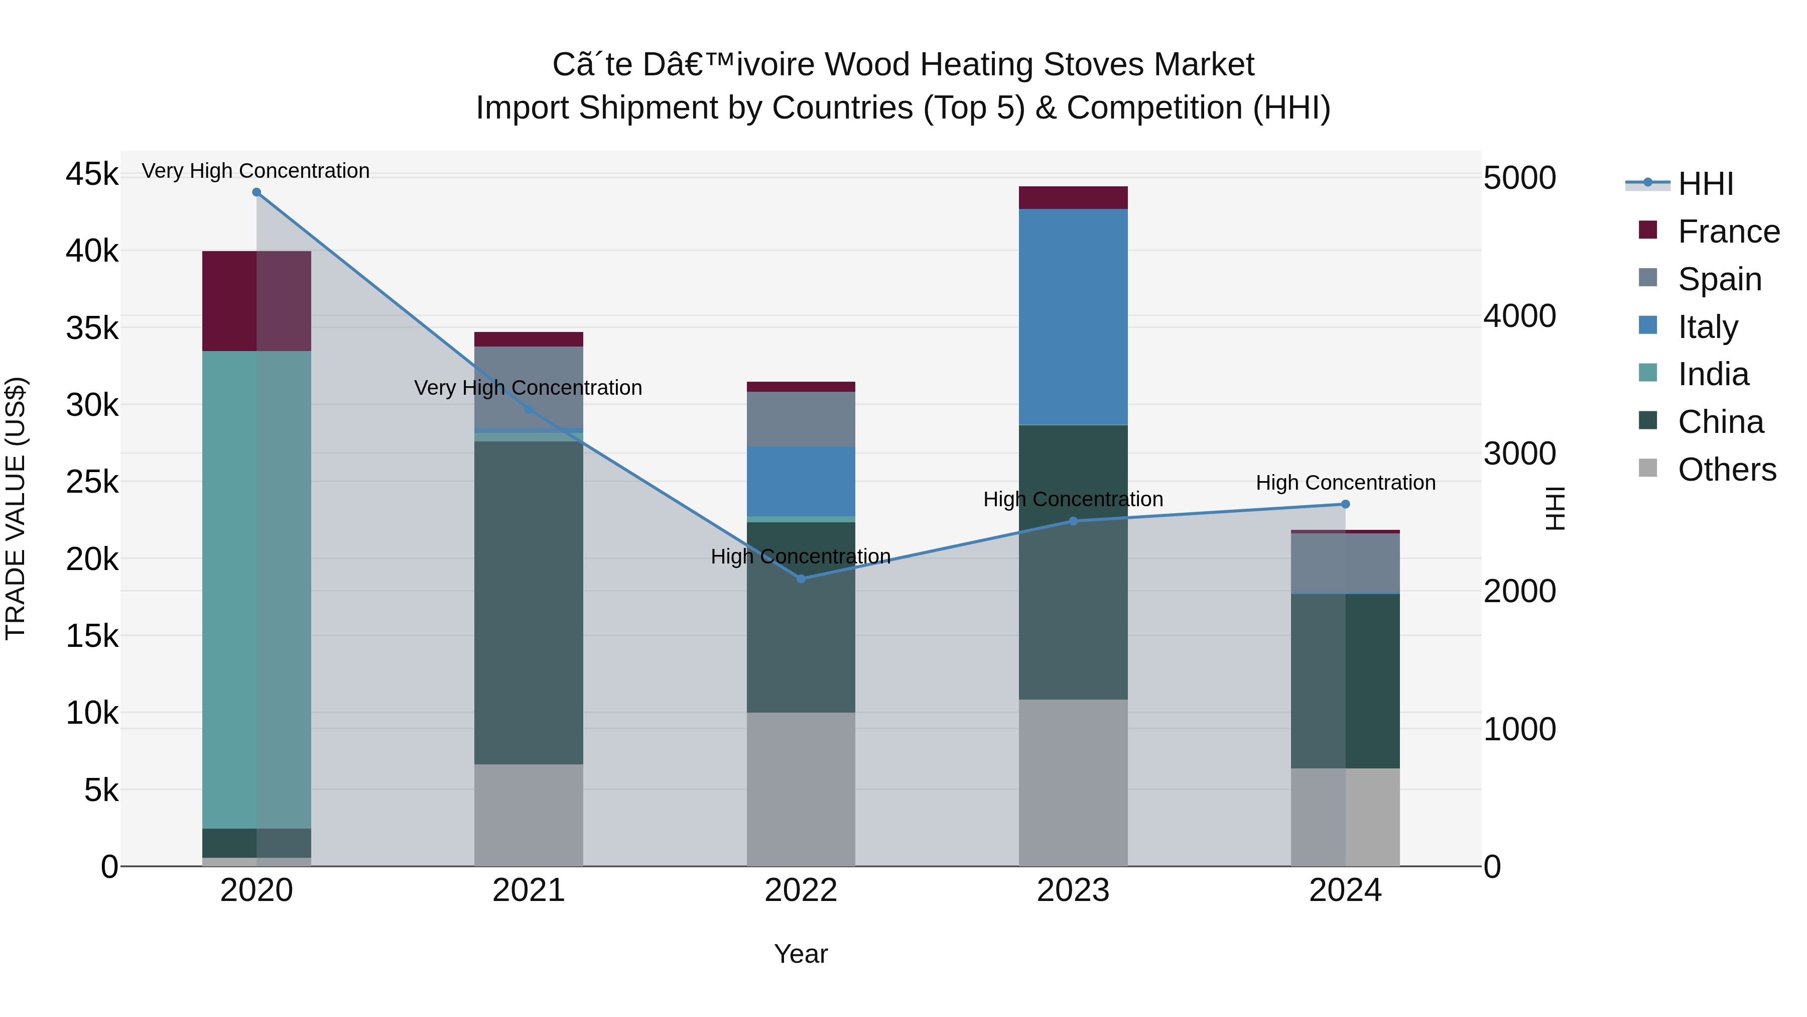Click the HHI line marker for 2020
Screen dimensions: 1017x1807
coord(256,192)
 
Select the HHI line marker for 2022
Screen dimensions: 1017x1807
coord(801,579)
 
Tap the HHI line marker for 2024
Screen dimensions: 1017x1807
coord(1345,504)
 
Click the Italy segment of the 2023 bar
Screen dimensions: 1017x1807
coord(1073,316)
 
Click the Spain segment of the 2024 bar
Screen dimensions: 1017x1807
coord(1345,563)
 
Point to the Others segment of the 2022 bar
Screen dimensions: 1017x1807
coord(801,789)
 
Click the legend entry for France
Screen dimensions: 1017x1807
coord(1728,232)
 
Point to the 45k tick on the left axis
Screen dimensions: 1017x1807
coord(92,174)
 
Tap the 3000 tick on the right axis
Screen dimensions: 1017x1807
coord(1519,454)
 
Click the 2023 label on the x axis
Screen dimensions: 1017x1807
coord(1073,890)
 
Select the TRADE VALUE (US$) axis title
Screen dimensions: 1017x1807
coord(16,508)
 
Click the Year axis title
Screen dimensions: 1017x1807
coord(801,954)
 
